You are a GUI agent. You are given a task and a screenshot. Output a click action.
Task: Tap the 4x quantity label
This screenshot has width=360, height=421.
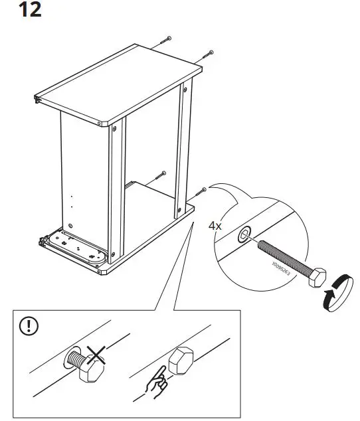(215, 226)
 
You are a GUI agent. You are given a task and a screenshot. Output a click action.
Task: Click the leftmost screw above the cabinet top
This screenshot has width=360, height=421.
(165, 41)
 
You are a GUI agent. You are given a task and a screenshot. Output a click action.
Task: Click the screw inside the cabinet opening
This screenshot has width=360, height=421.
(159, 177)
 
